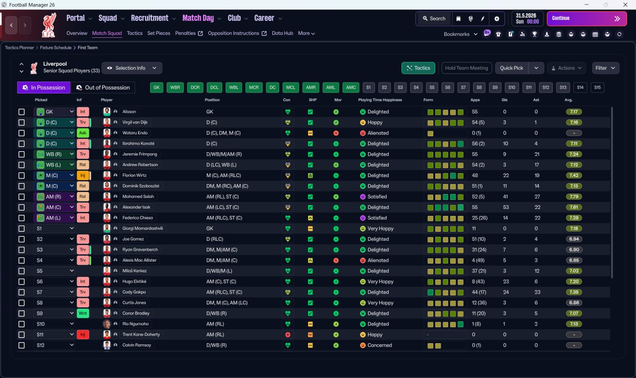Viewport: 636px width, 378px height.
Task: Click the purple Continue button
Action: pyautogui.click(x=587, y=18)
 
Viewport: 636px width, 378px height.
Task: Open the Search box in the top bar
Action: pyautogui.click(x=434, y=18)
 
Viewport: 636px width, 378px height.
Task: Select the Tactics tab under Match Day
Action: pyautogui.click(x=135, y=33)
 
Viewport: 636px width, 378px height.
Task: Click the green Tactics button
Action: pyautogui.click(x=418, y=68)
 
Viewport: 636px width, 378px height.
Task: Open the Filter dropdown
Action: pyautogui.click(x=605, y=68)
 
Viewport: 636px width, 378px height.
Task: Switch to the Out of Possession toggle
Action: pyautogui.click(x=103, y=88)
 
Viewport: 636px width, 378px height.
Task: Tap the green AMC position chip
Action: pyautogui.click(x=351, y=88)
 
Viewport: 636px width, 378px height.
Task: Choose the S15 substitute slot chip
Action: pyautogui.click(x=597, y=88)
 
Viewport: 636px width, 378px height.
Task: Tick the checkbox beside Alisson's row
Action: pyautogui.click(x=21, y=112)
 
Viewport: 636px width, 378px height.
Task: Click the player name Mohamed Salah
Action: pyautogui.click(x=138, y=196)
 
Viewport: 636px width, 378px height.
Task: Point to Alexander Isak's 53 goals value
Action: pyautogui.click(x=506, y=207)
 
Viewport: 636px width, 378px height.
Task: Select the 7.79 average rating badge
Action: pyautogui.click(x=574, y=196)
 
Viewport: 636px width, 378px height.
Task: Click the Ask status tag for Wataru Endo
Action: pyautogui.click(x=82, y=133)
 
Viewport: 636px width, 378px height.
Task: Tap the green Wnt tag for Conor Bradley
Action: pyautogui.click(x=82, y=313)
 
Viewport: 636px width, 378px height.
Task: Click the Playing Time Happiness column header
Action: pyautogui.click(x=380, y=100)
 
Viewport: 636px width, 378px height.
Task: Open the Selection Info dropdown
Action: pyautogui.click(x=132, y=68)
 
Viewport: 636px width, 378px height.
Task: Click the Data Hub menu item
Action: pyautogui.click(x=282, y=33)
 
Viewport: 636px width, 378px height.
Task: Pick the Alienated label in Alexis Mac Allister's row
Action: pyautogui.click(x=378, y=260)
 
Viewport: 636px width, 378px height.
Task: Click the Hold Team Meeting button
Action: pyautogui.click(x=467, y=68)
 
